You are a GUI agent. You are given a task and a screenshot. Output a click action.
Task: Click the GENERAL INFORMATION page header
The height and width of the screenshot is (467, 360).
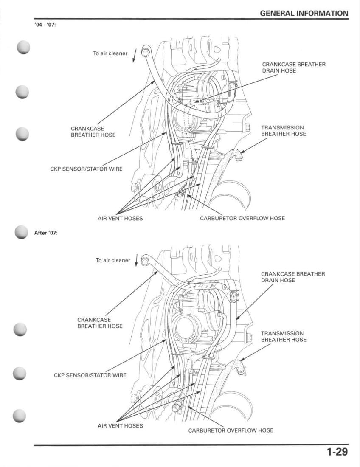pos(304,13)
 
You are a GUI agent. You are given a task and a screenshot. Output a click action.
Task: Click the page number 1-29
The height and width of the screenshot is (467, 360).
pos(337,452)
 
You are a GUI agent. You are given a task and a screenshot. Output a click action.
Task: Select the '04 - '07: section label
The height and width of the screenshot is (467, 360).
pos(45,24)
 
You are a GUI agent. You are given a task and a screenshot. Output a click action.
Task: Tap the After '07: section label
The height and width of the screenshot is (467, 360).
pos(45,233)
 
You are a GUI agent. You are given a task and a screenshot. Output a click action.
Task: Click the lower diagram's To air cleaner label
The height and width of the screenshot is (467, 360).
pos(113,260)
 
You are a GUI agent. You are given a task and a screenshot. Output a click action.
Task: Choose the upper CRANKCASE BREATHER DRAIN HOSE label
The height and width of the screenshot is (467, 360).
pos(294,68)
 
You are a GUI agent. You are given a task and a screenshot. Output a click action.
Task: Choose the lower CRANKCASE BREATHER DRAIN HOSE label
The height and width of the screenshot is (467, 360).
pos(293,277)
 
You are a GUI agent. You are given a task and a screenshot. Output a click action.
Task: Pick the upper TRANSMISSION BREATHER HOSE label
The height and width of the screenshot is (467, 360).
pos(283,130)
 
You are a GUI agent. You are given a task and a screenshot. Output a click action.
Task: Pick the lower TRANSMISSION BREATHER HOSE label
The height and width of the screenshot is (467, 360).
pos(283,336)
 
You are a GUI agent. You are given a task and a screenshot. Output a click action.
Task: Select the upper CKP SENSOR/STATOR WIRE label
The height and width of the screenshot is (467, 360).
pos(86,169)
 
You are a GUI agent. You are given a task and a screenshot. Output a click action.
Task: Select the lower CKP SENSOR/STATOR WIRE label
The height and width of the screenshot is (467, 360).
pos(90,375)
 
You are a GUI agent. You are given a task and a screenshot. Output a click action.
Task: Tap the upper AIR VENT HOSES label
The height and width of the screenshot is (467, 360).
pos(120,218)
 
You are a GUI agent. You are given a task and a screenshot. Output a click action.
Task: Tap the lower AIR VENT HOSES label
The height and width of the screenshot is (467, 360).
pos(120,425)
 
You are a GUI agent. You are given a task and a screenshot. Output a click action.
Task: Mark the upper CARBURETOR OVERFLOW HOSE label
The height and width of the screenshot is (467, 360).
pos(242,218)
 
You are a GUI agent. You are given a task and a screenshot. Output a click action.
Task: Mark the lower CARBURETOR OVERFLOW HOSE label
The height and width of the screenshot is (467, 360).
pos(231,430)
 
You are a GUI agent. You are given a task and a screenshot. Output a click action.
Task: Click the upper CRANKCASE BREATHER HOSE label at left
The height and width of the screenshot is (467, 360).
pos(93,131)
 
